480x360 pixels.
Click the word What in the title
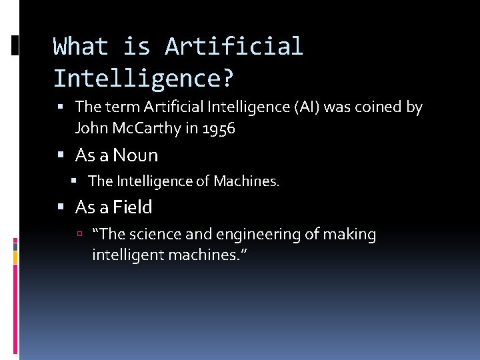pyautogui.click(x=81, y=47)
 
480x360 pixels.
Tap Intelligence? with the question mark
pyautogui.click(x=144, y=79)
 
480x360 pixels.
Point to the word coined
pyautogui.click(x=381, y=107)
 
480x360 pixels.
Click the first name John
pyautogui.click(x=91, y=128)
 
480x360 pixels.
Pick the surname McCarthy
pyautogui.click(x=147, y=128)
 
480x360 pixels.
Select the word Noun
pyautogui.click(x=135, y=155)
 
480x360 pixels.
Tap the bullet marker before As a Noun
pyautogui.click(x=61, y=156)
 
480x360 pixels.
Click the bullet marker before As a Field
pyautogui.click(x=61, y=208)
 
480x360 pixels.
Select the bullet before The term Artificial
pyautogui.click(x=61, y=107)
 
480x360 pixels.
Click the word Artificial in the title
pyautogui.click(x=234, y=47)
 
